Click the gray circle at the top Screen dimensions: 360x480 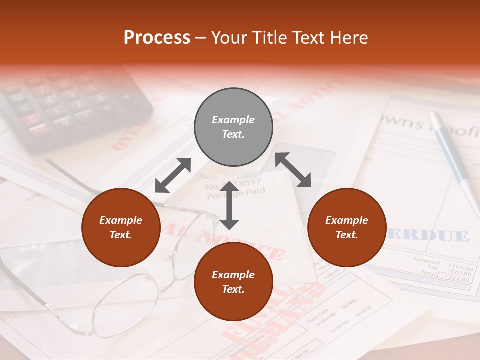point(233,127)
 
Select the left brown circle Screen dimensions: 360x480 point(121,228)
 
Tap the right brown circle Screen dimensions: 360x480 point(347,228)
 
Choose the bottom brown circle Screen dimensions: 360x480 point(233,282)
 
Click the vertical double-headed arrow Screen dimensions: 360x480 point(229,206)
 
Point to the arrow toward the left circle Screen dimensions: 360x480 point(173,175)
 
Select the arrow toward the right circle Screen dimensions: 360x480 point(293,170)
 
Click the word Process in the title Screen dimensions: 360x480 point(157,37)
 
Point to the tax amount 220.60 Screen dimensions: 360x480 point(460,273)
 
